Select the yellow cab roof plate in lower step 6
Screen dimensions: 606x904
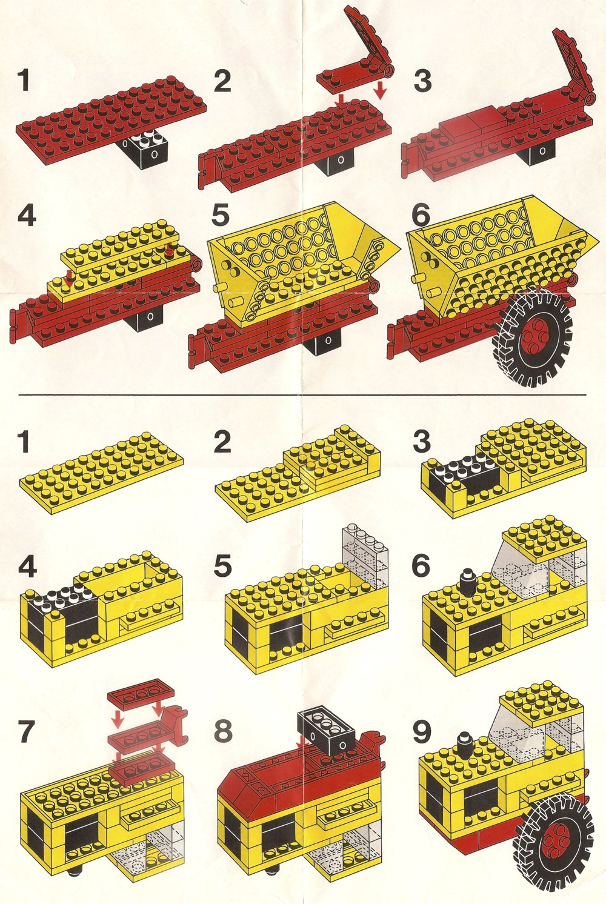coord(543,535)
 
